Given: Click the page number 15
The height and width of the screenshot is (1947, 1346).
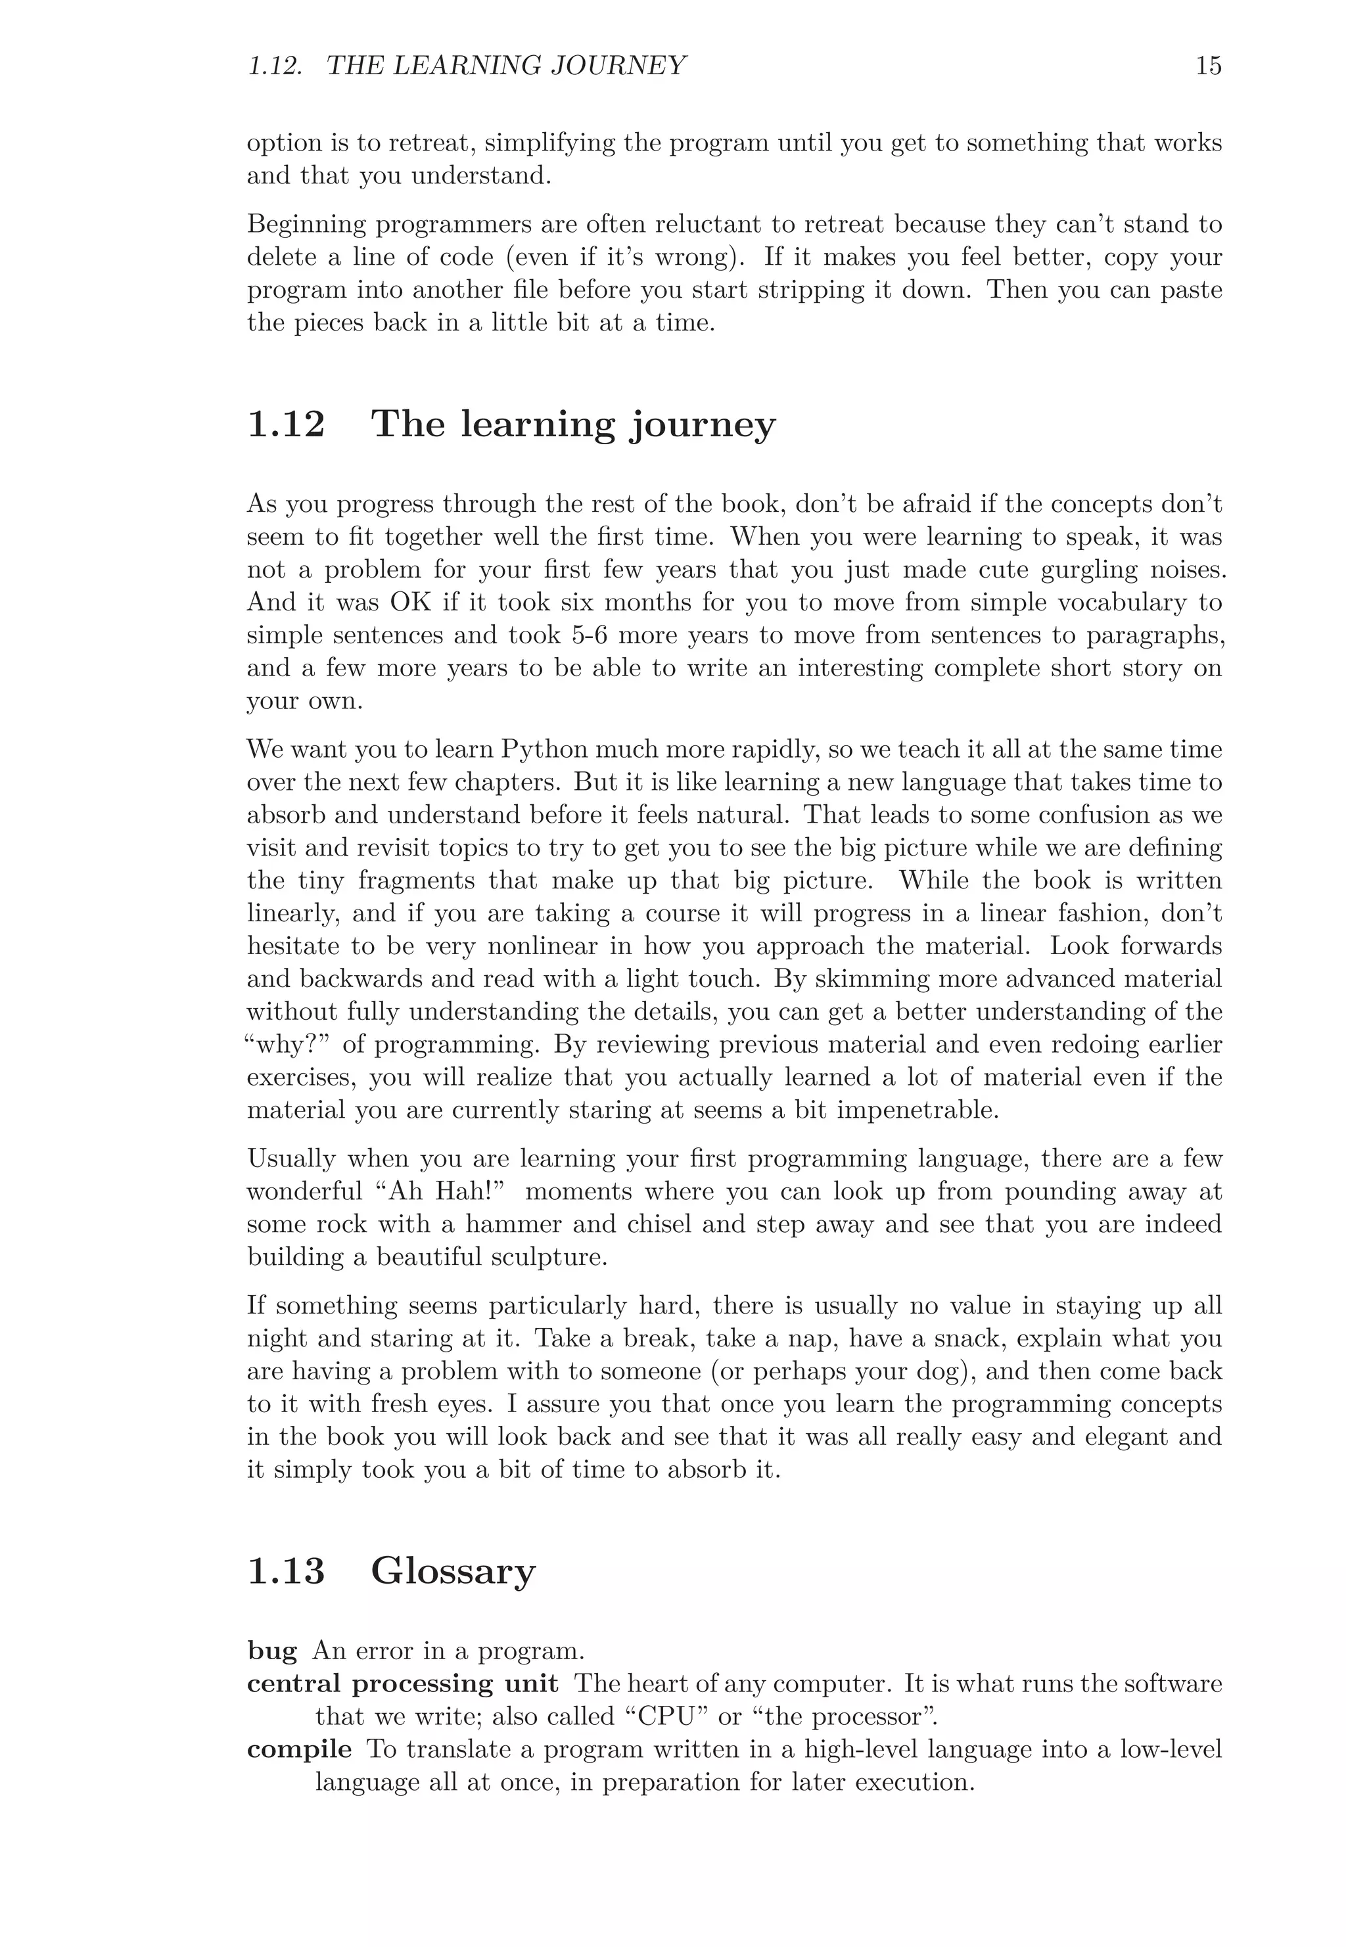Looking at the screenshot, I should coord(1208,66).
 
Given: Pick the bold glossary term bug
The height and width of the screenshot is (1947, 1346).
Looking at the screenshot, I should coord(271,1651).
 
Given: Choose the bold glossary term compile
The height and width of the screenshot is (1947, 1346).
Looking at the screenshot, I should coord(300,1750).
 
